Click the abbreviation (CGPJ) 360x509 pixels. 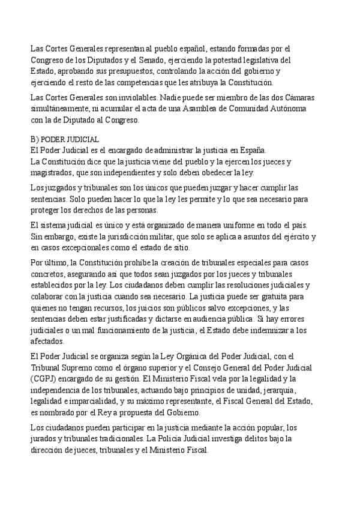44,378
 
